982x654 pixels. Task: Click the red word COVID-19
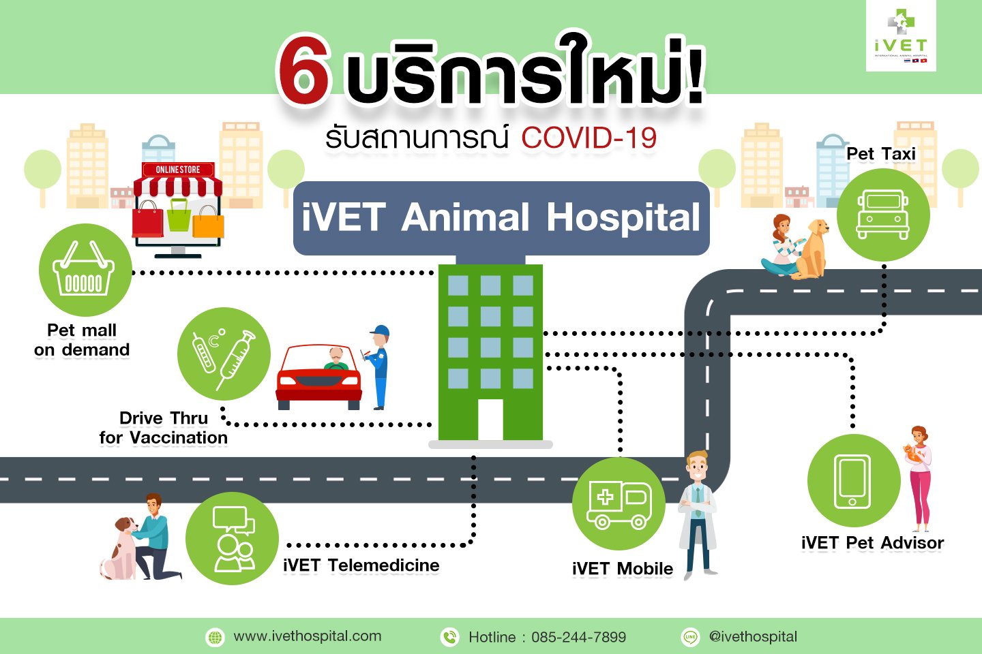[x=589, y=138]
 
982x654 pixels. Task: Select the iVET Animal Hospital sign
[x=501, y=218]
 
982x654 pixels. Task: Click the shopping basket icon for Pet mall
[x=85, y=270]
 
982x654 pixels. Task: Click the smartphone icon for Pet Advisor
[x=852, y=481]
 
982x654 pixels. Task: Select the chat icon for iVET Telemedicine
[x=233, y=538]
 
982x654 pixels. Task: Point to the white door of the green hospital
[x=490, y=420]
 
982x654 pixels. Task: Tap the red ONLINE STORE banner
[x=178, y=170]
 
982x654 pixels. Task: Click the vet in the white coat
[x=697, y=514]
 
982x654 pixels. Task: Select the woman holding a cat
[x=919, y=477]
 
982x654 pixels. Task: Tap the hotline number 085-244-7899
[x=578, y=638]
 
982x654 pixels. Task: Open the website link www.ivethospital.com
[x=307, y=636]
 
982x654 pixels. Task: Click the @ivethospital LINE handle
[x=753, y=636]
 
